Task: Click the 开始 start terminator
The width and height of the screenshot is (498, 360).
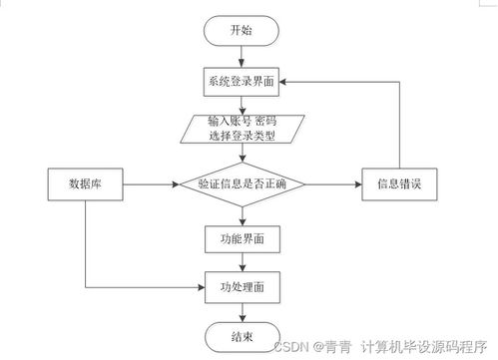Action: [x=242, y=30]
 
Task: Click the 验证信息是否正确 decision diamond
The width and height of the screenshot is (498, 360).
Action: [x=242, y=184]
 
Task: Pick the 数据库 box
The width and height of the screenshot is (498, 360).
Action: [x=84, y=184]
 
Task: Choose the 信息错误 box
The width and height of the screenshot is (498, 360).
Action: [x=397, y=184]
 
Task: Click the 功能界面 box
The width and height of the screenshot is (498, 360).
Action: [x=242, y=239]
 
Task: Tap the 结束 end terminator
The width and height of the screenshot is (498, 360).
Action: [x=242, y=336]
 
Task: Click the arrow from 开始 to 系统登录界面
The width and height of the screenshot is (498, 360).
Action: [x=242, y=57]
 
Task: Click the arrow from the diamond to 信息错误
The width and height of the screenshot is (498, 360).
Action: [x=334, y=184]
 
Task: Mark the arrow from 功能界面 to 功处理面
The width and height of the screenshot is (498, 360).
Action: [x=242, y=261]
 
